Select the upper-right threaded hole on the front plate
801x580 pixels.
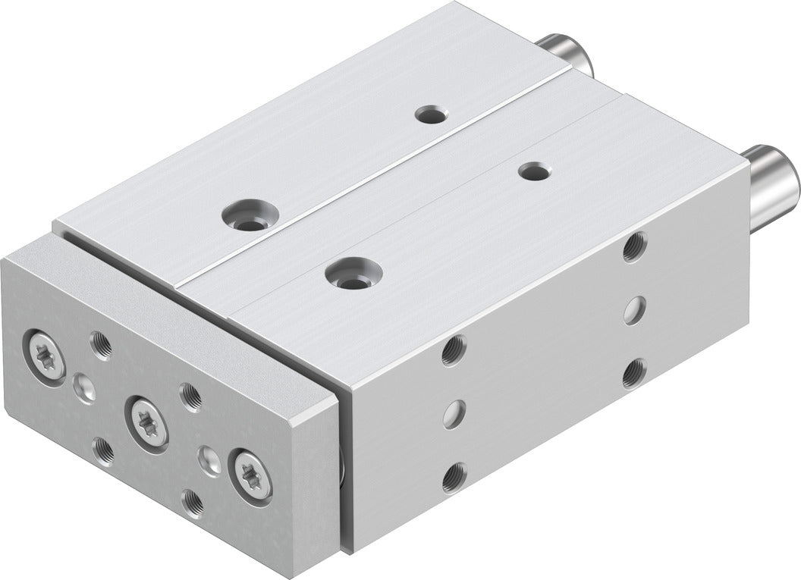[190, 396]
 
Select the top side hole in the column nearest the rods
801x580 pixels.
[635, 246]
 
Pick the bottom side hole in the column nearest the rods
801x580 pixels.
[634, 373]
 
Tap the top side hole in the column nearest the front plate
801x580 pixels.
[454, 349]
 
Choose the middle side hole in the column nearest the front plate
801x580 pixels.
[454, 412]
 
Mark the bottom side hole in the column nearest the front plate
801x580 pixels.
[454, 475]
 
